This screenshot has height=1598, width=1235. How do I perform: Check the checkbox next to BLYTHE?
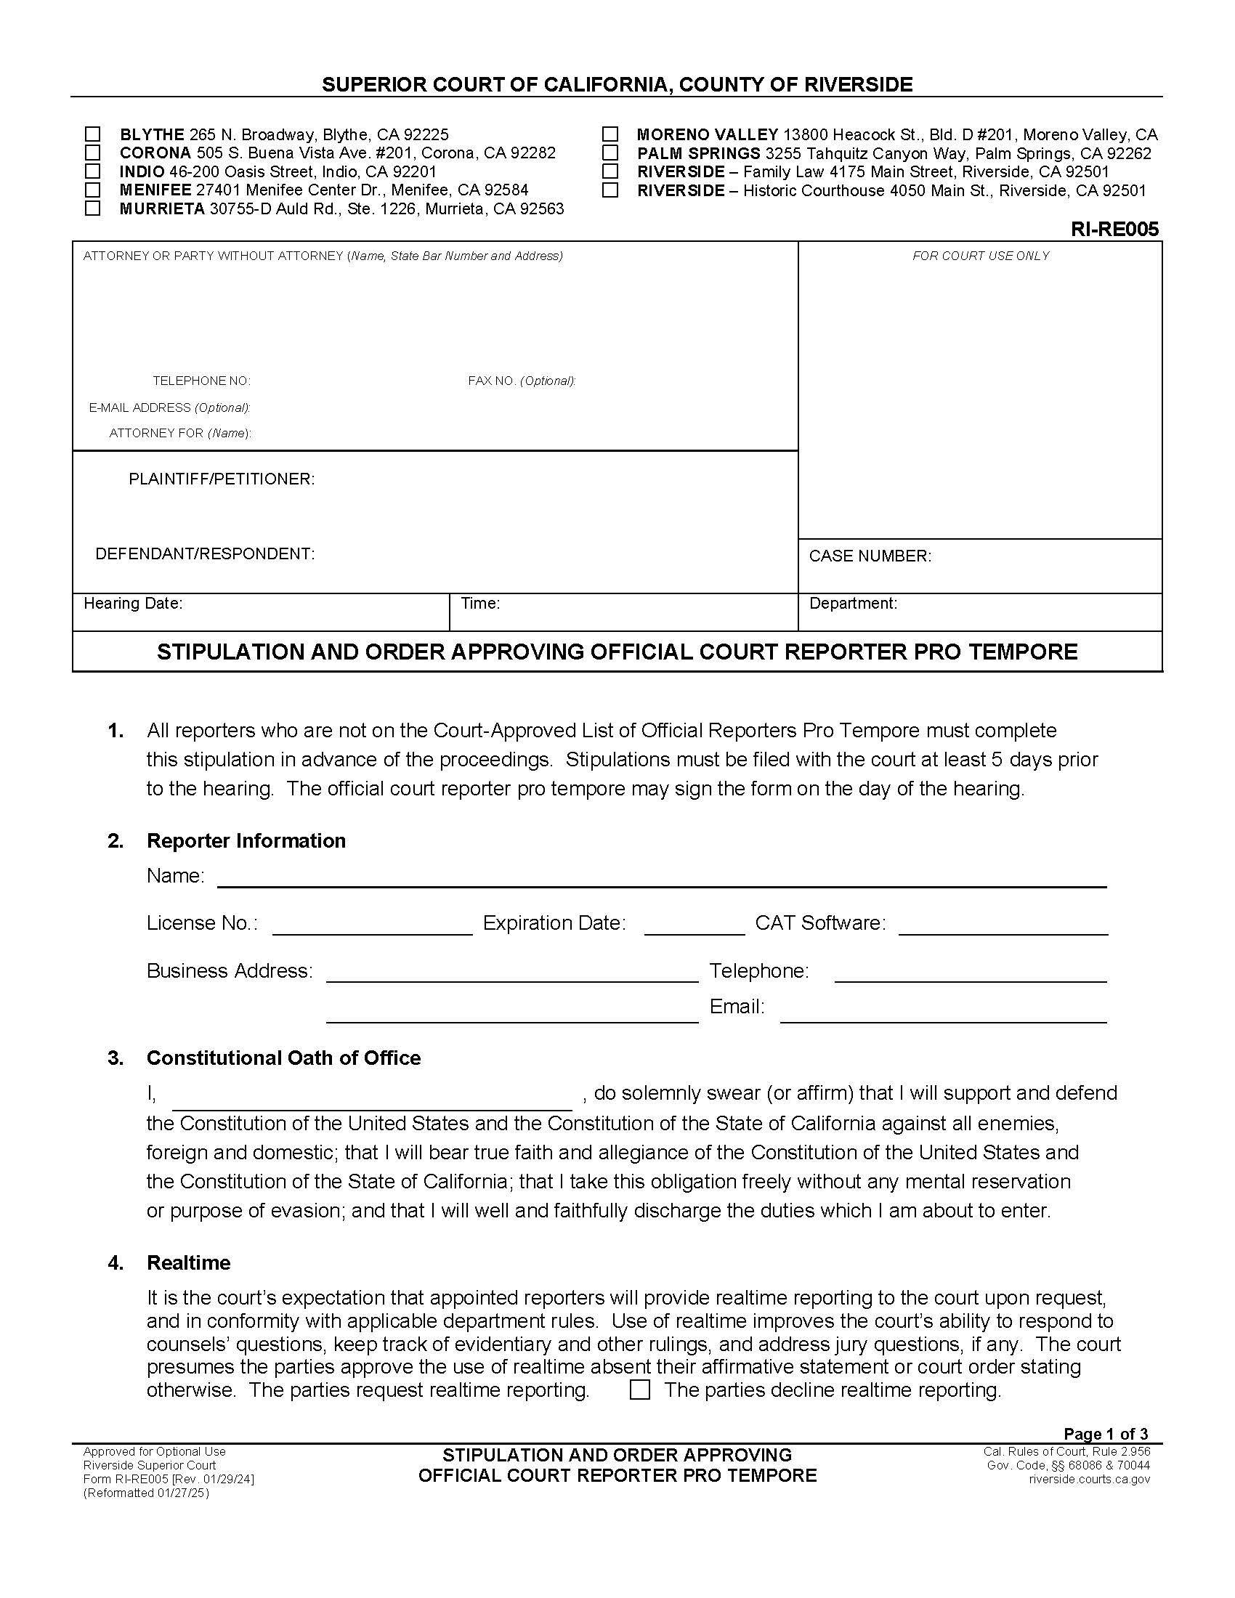(92, 134)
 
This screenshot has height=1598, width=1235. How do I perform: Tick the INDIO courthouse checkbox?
(92, 171)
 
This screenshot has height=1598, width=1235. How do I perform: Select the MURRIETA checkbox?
(92, 208)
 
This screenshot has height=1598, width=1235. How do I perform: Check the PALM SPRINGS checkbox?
(610, 153)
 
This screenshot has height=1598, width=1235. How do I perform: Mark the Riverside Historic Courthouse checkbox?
(610, 190)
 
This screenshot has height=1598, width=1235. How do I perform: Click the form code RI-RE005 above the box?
(1114, 230)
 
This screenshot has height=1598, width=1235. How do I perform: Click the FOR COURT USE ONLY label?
(981, 256)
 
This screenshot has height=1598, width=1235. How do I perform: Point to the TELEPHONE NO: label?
(201, 381)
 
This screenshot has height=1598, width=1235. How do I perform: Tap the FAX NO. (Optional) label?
(522, 381)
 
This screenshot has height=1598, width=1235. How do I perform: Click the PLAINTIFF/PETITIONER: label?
(222, 479)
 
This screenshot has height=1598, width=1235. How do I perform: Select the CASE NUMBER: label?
(870, 556)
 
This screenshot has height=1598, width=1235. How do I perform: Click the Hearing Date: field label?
(133, 604)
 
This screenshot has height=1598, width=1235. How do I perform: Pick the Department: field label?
(853, 604)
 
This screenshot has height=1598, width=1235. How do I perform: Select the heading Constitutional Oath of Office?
(283, 1058)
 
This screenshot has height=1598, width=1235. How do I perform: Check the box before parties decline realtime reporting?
(639, 1390)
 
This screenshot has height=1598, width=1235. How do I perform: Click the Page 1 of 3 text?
(1106, 1433)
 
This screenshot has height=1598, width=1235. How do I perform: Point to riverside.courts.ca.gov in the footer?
(1089, 1480)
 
